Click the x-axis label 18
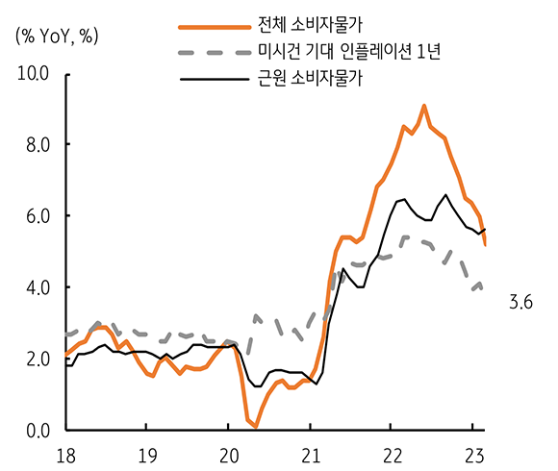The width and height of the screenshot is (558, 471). (64, 453)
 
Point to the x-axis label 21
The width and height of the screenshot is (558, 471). (308, 453)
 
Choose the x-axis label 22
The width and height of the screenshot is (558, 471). (390, 453)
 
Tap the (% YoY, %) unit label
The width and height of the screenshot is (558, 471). (57, 37)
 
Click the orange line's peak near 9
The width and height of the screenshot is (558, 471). (424, 106)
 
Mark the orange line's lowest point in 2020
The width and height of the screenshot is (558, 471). (255, 426)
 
